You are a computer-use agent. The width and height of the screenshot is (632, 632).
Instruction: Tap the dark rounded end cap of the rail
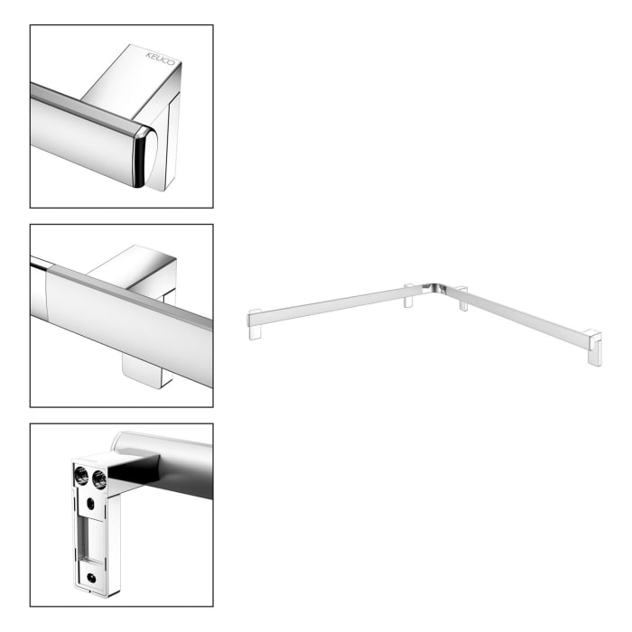pos(143,156)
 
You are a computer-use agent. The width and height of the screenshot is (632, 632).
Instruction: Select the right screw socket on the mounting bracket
pos(98,479)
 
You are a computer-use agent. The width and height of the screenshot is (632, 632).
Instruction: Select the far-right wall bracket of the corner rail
pos(593,347)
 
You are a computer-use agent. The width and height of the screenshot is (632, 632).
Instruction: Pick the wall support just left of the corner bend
pos(408,296)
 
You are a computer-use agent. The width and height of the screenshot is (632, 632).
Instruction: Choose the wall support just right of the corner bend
pos(462,299)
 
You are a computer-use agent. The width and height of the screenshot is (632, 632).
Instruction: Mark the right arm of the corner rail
pos(524,315)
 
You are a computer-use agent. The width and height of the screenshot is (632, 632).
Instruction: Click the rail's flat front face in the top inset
pos(81,126)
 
